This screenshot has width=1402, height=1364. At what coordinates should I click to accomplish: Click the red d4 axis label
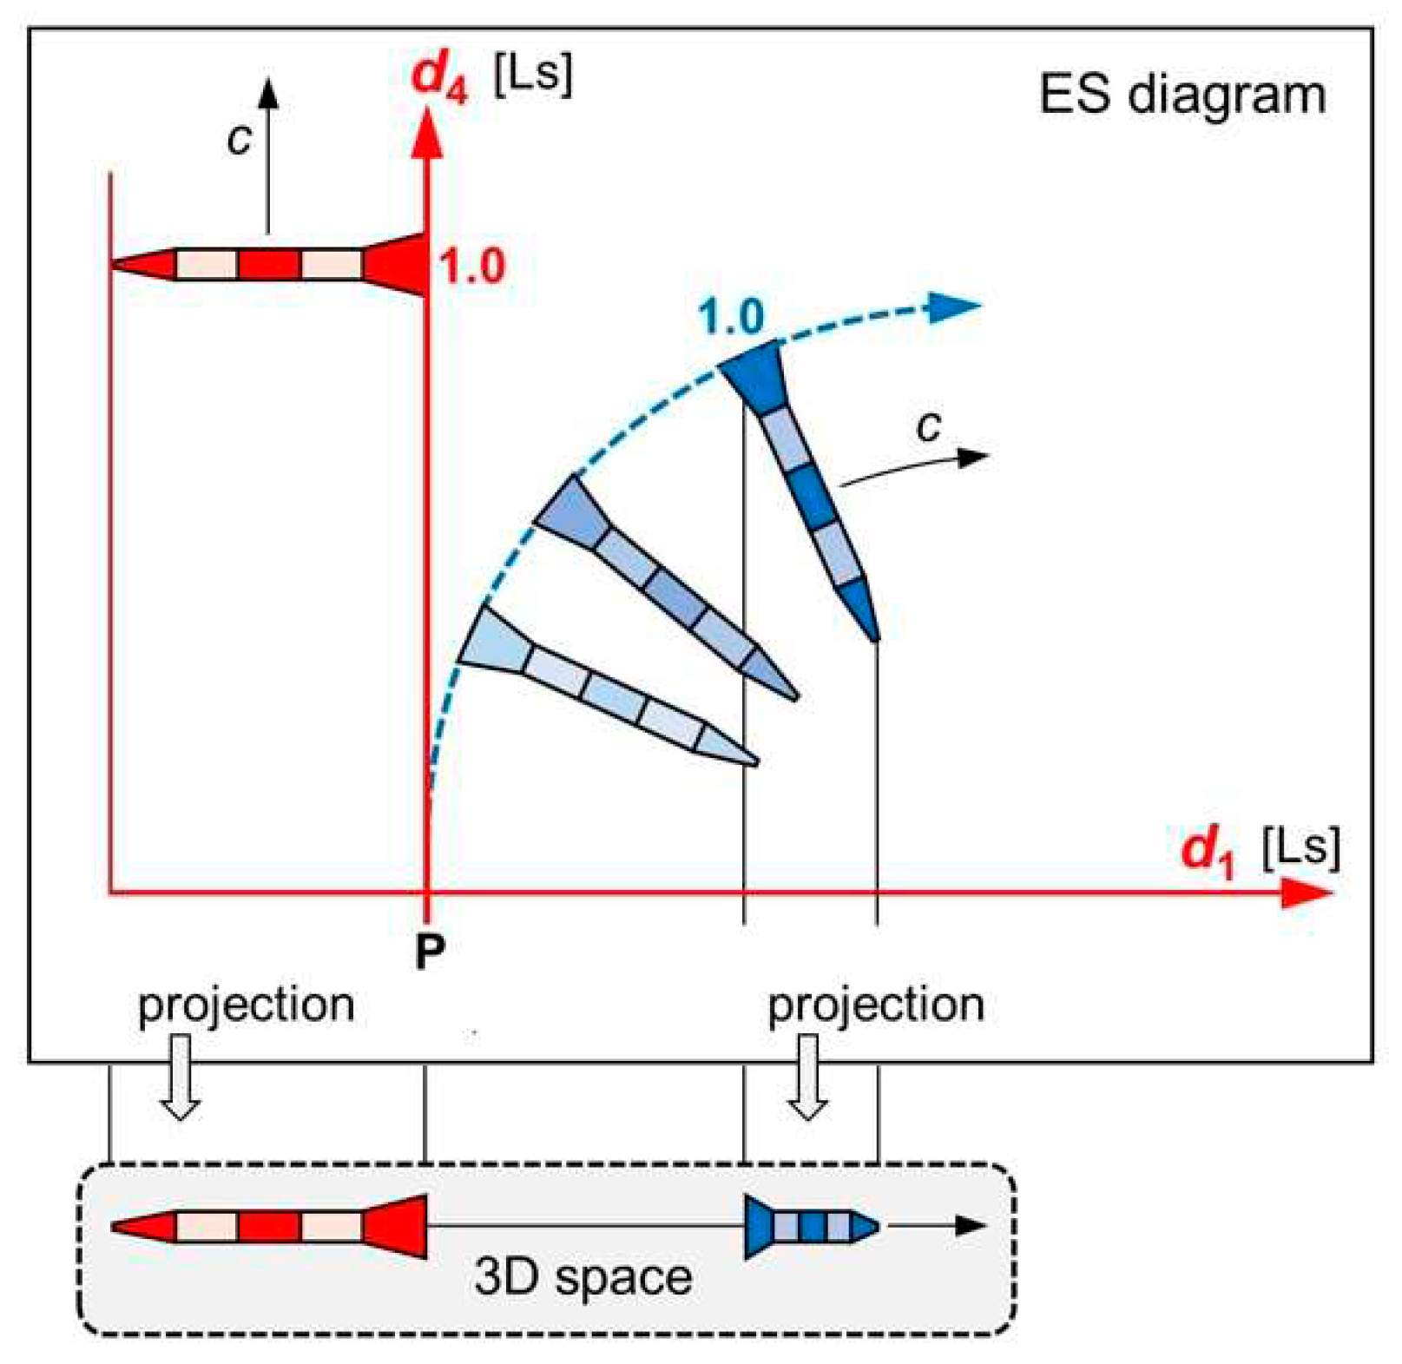439,76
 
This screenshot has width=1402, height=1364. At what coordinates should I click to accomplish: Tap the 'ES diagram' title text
1182,95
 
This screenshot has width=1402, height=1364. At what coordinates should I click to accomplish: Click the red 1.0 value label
471,267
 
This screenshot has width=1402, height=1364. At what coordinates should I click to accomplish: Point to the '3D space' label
583,1277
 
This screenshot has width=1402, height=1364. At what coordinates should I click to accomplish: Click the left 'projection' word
246,1006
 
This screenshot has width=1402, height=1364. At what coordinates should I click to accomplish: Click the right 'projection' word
876,1006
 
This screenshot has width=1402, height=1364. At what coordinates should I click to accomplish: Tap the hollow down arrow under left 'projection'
181,1077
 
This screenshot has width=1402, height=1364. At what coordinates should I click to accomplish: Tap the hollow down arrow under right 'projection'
808,1077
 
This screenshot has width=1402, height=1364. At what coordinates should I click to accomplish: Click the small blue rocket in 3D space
812,1226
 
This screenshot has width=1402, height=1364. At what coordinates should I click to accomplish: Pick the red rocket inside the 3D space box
269,1226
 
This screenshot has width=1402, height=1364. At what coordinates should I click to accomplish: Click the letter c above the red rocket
239,138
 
